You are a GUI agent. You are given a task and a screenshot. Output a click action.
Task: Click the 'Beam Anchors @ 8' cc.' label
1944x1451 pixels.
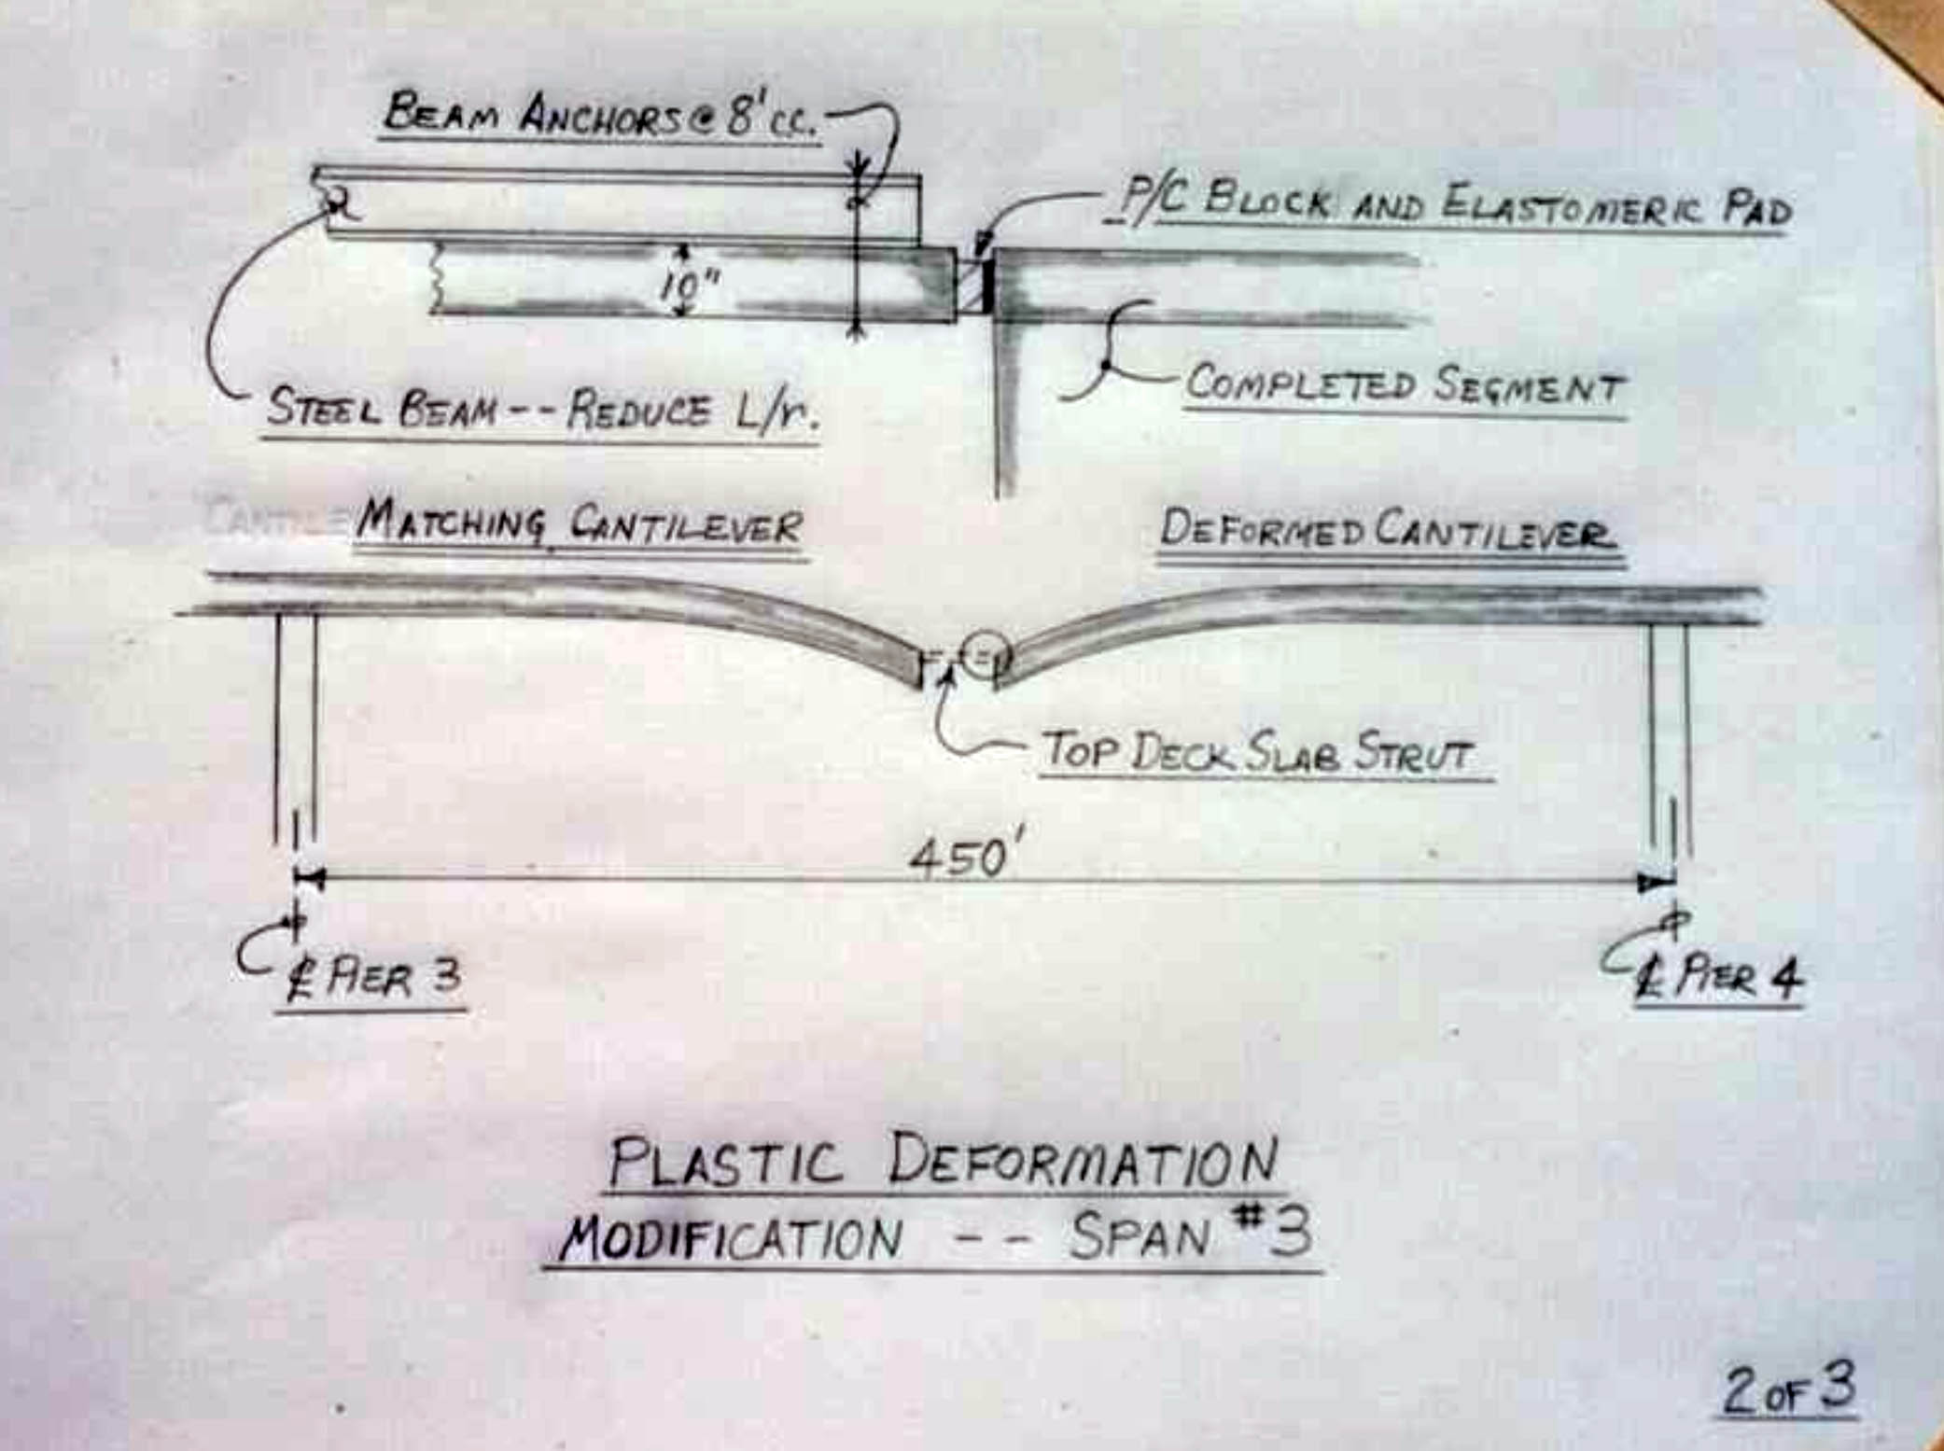click(601, 116)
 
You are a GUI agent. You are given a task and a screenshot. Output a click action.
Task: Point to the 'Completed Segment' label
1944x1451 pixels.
click(1405, 385)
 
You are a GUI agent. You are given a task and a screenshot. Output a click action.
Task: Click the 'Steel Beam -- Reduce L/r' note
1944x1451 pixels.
click(541, 410)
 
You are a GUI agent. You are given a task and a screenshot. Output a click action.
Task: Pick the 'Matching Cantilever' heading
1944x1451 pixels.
click(579, 524)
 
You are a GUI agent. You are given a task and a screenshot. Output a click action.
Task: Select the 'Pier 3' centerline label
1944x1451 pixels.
click(373, 978)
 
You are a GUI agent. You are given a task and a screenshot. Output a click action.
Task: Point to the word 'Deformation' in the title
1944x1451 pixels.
click(1083, 1162)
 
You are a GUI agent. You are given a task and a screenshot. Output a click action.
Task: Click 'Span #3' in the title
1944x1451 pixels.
click(1191, 1235)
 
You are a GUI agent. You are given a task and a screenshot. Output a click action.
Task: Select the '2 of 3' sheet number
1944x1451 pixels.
click(1788, 1390)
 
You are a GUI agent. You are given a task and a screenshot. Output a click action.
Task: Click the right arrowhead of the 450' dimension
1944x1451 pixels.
click(1657, 882)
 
